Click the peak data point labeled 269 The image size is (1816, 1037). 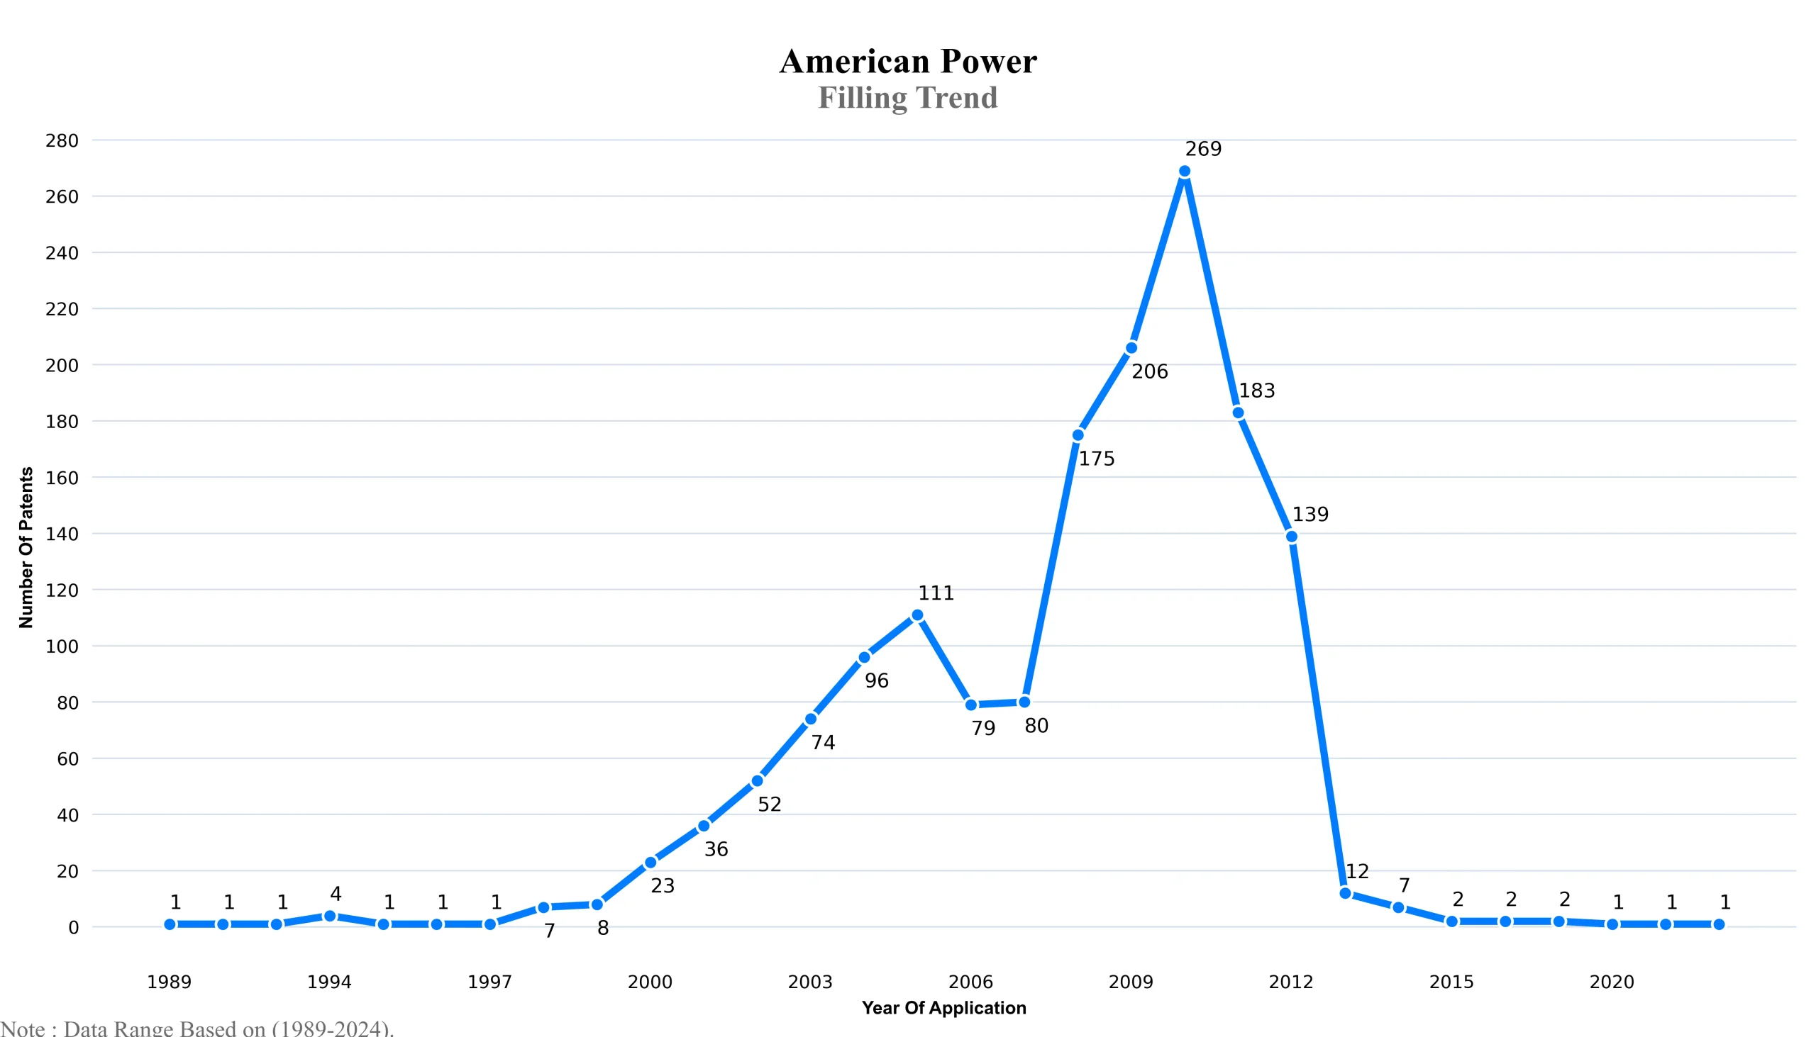point(1185,172)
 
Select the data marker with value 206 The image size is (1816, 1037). point(1131,348)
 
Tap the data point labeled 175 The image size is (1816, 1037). point(1078,435)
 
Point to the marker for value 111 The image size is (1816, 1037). point(917,615)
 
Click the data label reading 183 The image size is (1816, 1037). point(1256,391)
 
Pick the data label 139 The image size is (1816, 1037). point(1310,514)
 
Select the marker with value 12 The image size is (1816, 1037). point(1345,893)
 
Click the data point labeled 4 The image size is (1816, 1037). point(330,916)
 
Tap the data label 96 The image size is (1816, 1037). point(876,681)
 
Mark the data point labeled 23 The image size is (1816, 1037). point(650,863)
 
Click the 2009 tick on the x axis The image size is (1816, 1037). point(1130,982)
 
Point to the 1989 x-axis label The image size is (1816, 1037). point(169,982)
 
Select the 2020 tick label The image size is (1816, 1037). point(1612,982)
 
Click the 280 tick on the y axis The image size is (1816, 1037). point(62,141)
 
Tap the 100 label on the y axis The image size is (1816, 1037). point(62,646)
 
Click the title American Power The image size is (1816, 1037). point(907,61)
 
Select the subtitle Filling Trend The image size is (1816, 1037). point(907,98)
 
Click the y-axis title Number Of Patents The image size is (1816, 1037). point(26,547)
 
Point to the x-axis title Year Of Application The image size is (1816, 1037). point(943,1008)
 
